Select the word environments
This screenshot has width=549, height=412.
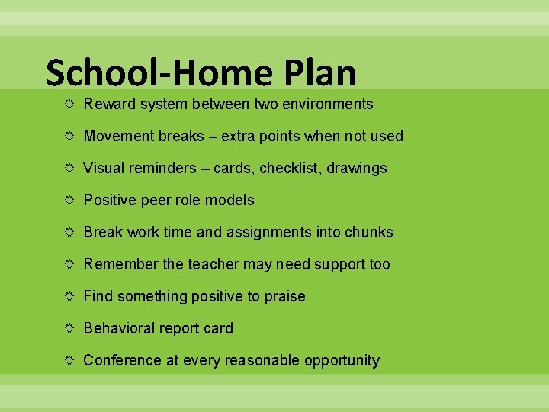[326, 104]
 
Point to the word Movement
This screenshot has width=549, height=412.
[118, 136]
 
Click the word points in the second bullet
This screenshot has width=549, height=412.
[278, 136]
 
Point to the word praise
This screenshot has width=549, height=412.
[284, 296]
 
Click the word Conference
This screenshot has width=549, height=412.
[122, 360]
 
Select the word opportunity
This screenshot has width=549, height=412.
[342, 361]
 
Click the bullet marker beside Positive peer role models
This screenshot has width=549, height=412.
[70, 200]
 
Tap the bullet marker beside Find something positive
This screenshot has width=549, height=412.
[70, 296]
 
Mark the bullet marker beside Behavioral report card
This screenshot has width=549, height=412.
[70, 328]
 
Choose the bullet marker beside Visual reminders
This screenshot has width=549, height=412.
[70, 168]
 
